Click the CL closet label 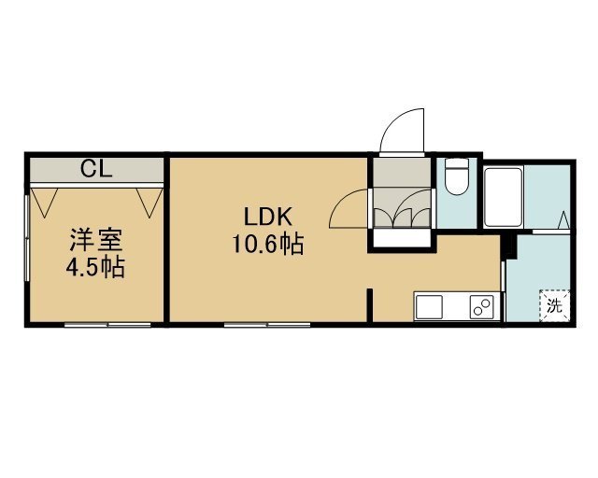tap(96, 169)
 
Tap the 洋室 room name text tap(96, 241)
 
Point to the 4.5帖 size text tap(95, 267)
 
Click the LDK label tap(268, 218)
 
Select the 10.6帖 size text tap(268, 244)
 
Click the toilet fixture tap(457, 176)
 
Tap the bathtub tap(503, 197)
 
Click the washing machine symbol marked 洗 tap(554, 306)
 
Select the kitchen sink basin tap(429, 307)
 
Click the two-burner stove tap(481, 307)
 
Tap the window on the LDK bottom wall tap(267, 325)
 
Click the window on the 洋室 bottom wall tap(108, 325)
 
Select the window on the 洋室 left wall tap(27, 238)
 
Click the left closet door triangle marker tap(44, 203)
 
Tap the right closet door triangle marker tap(149, 203)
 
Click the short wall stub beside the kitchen tap(369, 305)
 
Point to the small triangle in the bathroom tap(563, 220)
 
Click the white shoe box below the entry tap(402, 238)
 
